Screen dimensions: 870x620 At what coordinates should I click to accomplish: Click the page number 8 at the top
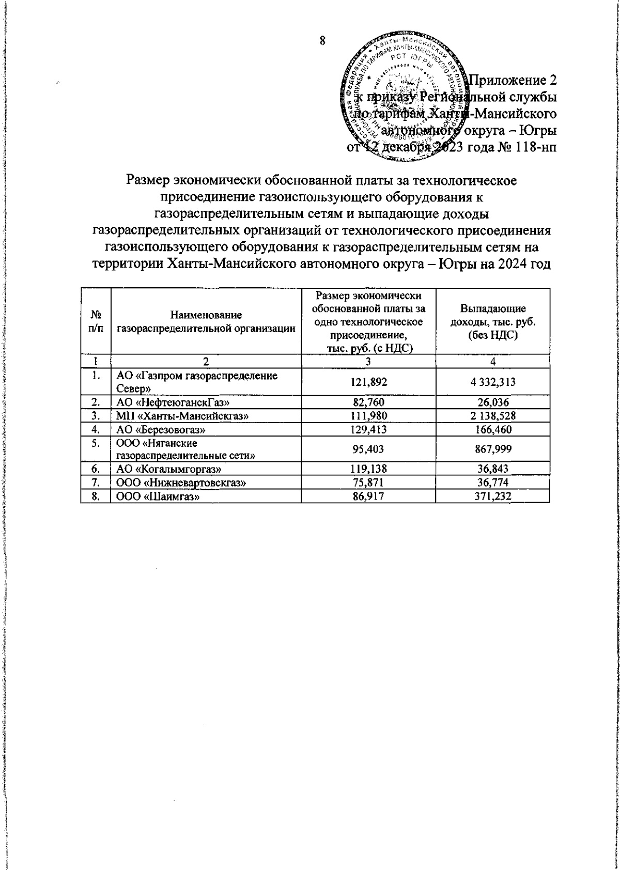pos(322,41)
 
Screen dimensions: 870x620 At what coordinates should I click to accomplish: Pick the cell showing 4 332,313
pos(493,382)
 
